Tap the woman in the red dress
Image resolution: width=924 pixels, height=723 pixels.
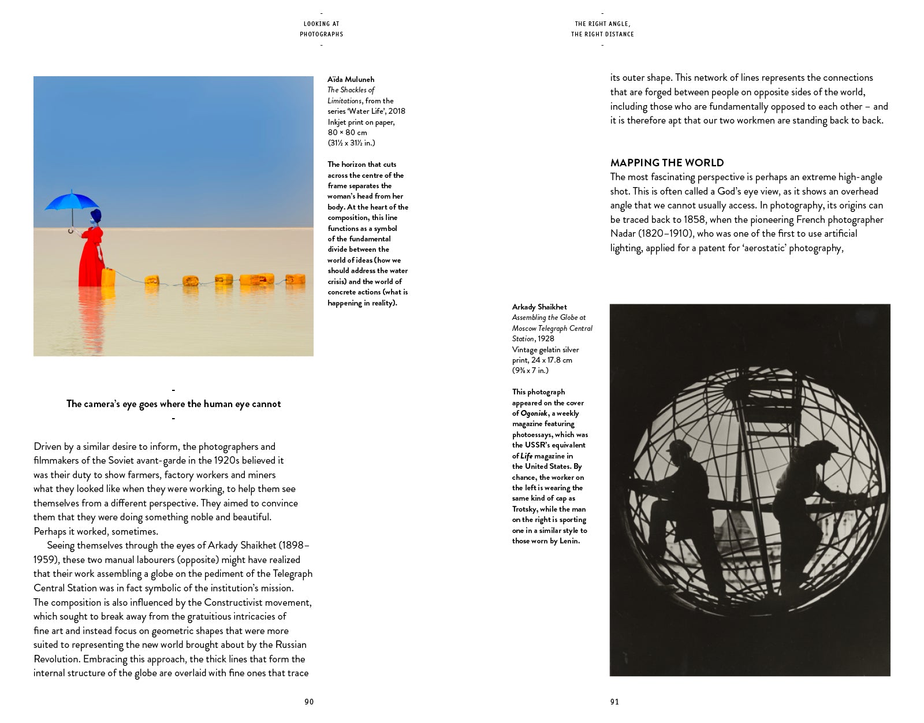pyautogui.click(x=91, y=254)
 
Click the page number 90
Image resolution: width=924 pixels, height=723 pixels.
pyautogui.click(x=309, y=702)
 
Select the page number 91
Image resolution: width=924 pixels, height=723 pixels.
pyautogui.click(x=614, y=702)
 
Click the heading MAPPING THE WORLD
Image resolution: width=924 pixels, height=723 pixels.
pyautogui.click(x=667, y=163)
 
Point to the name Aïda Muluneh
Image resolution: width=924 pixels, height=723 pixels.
pyautogui.click(x=351, y=79)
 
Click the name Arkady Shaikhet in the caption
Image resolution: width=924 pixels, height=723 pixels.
pyautogui.click(x=539, y=307)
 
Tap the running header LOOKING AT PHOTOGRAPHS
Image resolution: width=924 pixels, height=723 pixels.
pyautogui.click(x=321, y=29)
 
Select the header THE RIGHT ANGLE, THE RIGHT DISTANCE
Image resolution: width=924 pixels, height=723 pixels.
pyautogui.click(x=602, y=29)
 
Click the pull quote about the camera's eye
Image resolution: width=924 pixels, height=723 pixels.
pyautogui.click(x=173, y=404)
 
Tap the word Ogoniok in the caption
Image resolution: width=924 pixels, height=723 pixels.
pyautogui.click(x=534, y=413)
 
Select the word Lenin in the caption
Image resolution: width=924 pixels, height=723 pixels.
pyautogui.click(x=569, y=541)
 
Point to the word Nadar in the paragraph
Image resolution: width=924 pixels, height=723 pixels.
pyautogui.click(x=623, y=233)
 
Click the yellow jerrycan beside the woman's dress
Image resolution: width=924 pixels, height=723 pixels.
pyautogui.click(x=108, y=277)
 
